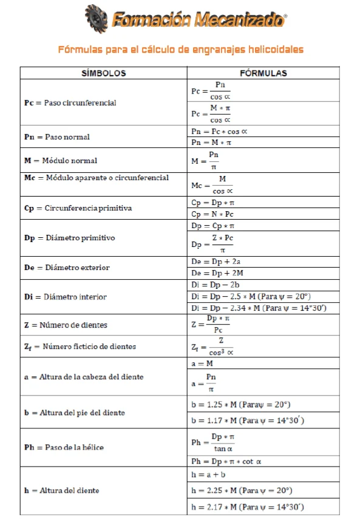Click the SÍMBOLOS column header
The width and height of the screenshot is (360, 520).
(x=104, y=73)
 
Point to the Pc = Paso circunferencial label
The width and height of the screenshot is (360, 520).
(x=70, y=103)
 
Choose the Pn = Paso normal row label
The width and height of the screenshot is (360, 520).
(x=56, y=137)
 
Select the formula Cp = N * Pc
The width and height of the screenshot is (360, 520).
(x=212, y=214)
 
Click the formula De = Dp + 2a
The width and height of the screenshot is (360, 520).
(x=212, y=262)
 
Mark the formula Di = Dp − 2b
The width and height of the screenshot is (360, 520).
(x=212, y=285)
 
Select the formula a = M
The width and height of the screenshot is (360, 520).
(x=203, y=363)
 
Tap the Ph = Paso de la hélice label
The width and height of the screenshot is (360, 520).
(x=64, y=447)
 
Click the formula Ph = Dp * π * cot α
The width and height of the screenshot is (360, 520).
(x=226, y=461)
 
